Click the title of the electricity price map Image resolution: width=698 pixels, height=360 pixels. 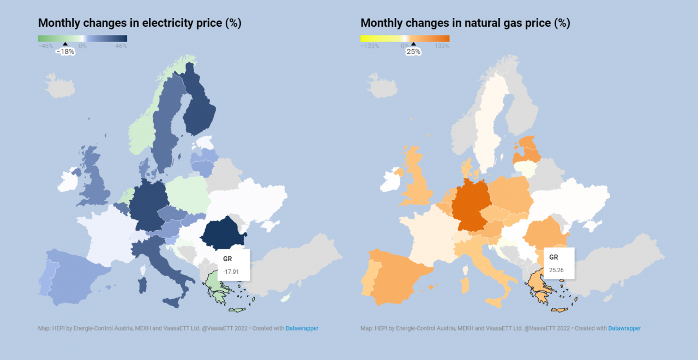(140, 23)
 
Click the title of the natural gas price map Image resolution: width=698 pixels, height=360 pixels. (465, 23)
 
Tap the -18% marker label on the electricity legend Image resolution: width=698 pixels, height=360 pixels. (65, 52)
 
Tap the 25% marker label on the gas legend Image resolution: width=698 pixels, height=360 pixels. (413, 52)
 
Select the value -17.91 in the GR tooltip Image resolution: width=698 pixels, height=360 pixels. (231, 271)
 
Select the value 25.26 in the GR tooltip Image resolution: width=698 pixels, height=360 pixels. (556, 269)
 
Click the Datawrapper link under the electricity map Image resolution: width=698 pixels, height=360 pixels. (302, 328)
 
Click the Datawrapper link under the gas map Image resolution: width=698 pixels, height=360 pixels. (624, 328)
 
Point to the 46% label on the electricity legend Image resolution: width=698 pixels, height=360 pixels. (121, 46)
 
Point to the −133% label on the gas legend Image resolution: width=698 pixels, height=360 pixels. (370, 46)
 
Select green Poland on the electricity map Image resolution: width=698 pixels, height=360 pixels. (186, 194)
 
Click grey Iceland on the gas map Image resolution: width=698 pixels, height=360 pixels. (381, 86)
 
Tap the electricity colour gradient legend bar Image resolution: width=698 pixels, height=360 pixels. (82, 38)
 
